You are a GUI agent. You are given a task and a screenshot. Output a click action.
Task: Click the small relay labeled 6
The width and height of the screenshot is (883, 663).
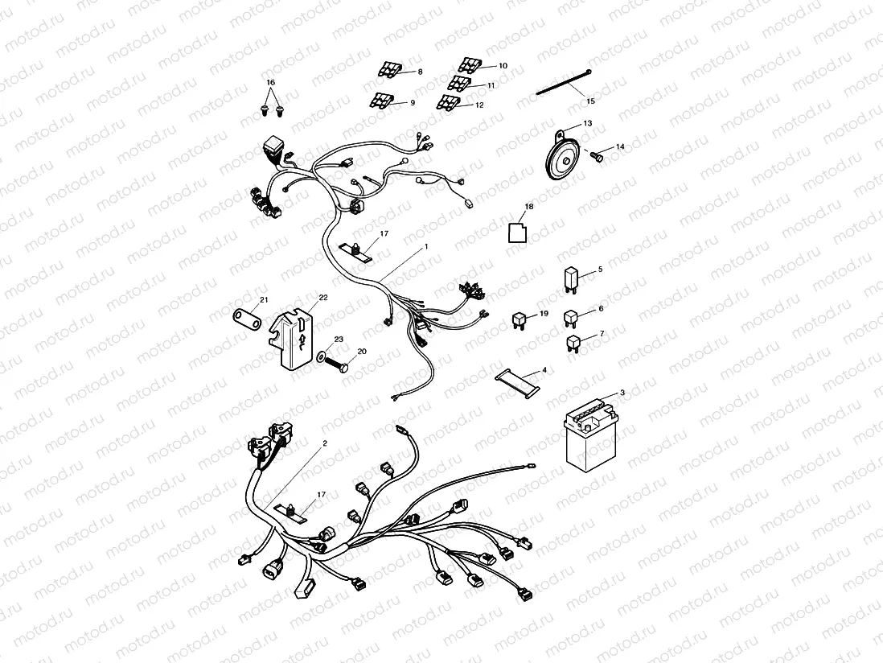(572, 319)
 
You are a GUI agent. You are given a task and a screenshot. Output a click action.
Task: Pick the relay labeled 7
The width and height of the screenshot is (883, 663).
(573, 344)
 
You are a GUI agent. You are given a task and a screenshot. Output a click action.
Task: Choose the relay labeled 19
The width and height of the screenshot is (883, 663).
(520, 321)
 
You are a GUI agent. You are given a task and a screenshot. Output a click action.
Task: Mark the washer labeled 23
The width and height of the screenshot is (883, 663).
(322, 355)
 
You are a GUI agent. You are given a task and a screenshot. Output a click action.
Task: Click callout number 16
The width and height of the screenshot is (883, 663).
(270, 83)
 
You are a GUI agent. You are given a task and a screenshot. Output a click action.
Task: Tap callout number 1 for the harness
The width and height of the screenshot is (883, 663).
(426, 245)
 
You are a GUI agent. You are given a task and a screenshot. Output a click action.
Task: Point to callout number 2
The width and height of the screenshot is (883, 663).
(325, 443)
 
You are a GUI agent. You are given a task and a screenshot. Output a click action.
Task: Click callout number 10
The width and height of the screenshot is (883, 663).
(503, 66)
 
